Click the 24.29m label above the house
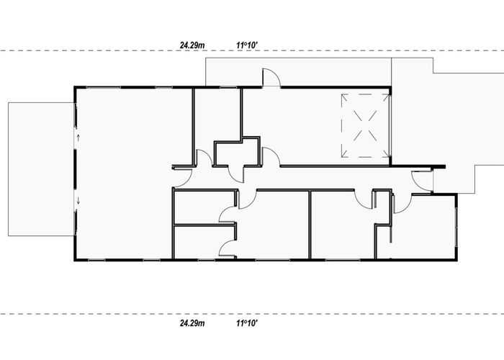pyautogui.click(x=192, y=45)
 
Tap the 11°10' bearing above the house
pyautogui.click(x=247, y=45)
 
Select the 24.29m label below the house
pyautogui.click(x=192, y=323)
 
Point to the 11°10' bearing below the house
pyautogui.click(x=247, y=323)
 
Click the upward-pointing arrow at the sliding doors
pyautogui.click(x=78, y=138)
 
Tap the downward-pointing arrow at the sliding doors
pyautogui.click(x=78, y=201)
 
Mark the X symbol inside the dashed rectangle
pyautogui.click(x=365, y=126)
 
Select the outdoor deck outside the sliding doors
pyautogui.click(x=41, y=169)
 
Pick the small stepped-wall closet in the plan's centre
pyautogui.click(x=236, y=153)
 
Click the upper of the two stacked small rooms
pyautogui.click(x=204, y=207)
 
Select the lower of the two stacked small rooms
pyautogui.click(x=204, y=243)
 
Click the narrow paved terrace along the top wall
pyautogui.click(x=298, y=72)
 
